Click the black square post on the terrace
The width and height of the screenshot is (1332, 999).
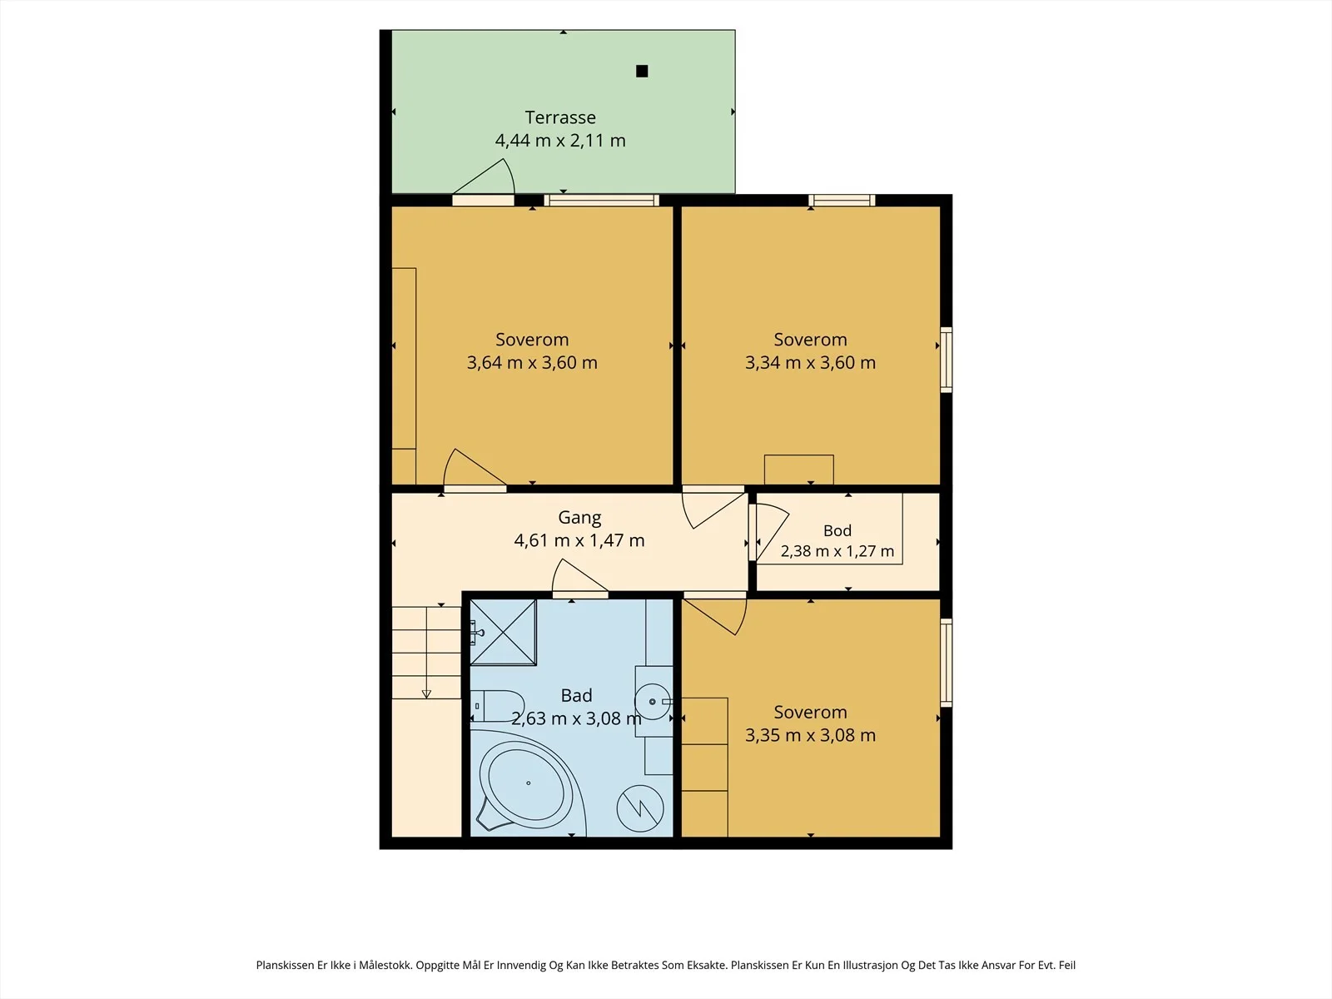[x=641, y=71]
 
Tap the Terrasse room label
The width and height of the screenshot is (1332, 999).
[x=560, y=117]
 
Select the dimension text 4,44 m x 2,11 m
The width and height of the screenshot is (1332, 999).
[x=560, y=140]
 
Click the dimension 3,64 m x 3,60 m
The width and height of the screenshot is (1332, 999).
[x=532, y=362]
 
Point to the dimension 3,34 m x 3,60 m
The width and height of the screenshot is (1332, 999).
[x=810, y=362]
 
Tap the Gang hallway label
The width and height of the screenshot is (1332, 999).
[x=579, y=517]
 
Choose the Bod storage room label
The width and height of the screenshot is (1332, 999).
[x=837, y=531]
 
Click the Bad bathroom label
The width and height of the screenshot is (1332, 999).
[x=576, y=695]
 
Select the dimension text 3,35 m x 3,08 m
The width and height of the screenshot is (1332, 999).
[x=810, y=734]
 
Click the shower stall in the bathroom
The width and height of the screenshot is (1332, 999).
[x=503, y=632]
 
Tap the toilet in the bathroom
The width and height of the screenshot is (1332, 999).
[x=497, y=705]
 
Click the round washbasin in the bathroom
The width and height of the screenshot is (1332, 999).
[x=653, y=702]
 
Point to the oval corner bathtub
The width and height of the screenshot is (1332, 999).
[x=526, y=783]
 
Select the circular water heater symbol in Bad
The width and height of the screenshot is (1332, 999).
[x=640, y=808]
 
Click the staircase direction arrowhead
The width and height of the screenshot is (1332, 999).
[x=426, y=694]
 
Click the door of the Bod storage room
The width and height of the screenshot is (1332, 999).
[x=769, y=533]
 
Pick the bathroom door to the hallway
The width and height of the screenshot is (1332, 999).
[x=580, y=579]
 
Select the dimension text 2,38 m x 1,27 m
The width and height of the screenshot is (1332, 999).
[x=837, y=551]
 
